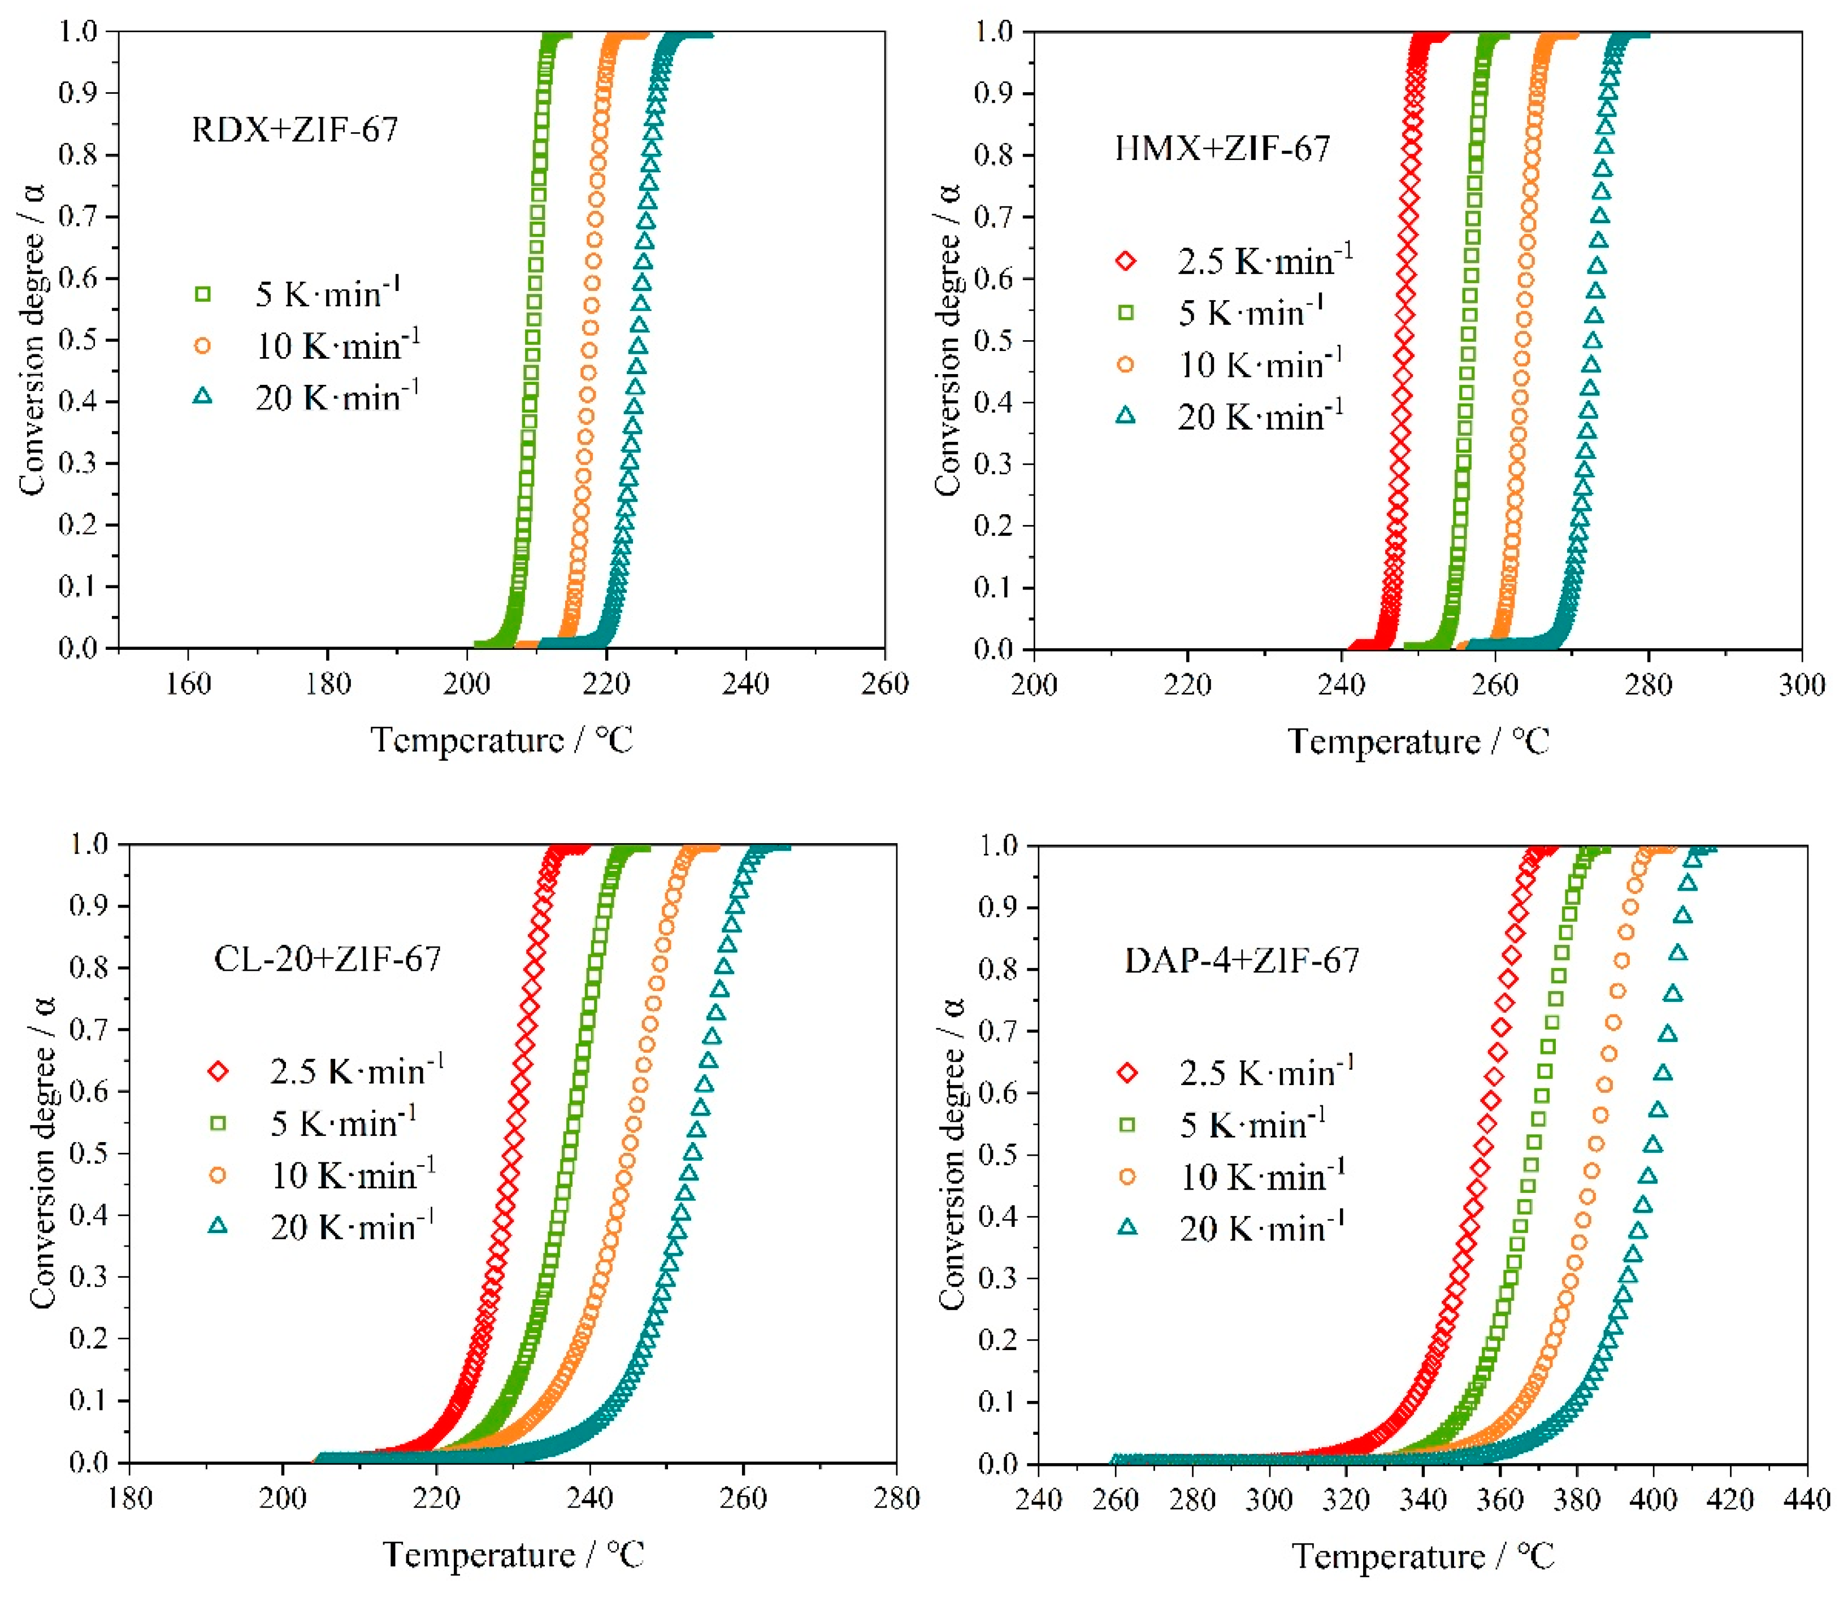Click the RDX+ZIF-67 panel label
[x=294, y=130]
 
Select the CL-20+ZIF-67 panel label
[x=327, y=958]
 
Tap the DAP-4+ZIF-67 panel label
[x=1242, y=960]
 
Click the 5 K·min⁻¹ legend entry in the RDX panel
[x=327, y=293]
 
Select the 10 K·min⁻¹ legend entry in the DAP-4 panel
[x=1262, y=1177]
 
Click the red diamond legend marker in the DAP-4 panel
[x=1127, y=1073]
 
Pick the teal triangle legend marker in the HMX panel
[x=1126, y=415]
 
